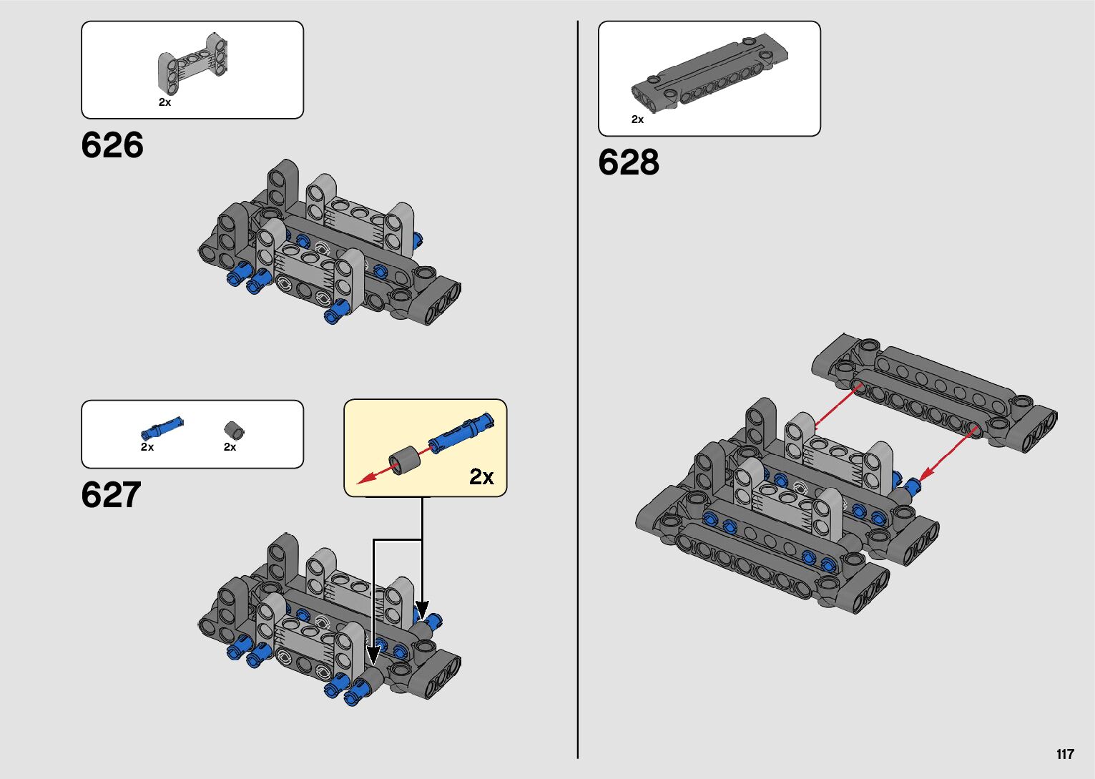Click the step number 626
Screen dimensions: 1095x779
click(x=112, y=145)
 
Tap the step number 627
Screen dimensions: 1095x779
click(x=112, y=495)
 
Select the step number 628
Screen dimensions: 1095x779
click(x=629, y=162)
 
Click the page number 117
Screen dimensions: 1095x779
click(x=1065, y=754)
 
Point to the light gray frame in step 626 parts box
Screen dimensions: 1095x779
click(x=192, y=63)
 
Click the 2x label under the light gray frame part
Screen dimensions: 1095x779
click(x=165, y=102)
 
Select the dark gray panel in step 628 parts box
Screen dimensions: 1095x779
click(x=709, y=72)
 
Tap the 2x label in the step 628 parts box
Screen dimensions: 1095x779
click(x=637, y=119)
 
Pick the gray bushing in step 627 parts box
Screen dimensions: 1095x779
click(x=234, y=431)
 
